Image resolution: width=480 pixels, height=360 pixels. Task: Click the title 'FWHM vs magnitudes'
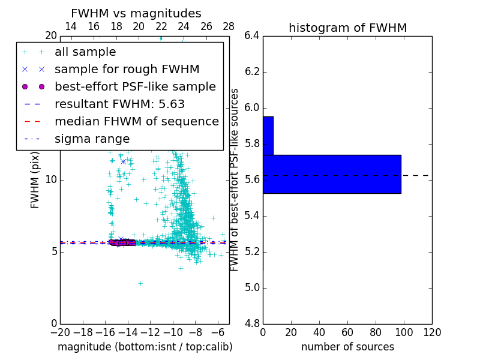[x=136, y=14]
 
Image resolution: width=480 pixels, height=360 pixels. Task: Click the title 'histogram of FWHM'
[x=347, y=28]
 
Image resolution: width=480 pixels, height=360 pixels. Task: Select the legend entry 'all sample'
[x=85, y=52]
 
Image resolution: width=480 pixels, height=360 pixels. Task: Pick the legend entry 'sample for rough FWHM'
[x=127, y=70]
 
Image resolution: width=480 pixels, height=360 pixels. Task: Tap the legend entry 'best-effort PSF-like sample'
[x=135, y=87]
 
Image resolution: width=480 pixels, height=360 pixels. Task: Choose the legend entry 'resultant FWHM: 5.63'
[x=119, y=104]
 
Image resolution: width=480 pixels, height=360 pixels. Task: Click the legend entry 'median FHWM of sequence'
[x=136, y=122]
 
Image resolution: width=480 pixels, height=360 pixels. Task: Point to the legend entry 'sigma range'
[x=92, y=139]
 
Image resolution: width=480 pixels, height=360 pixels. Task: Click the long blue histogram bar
[x=332, y=174]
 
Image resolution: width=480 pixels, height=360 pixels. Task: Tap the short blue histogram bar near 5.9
[x=268, y=136]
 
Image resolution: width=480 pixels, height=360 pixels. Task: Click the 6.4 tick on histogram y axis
[x=252, y=36]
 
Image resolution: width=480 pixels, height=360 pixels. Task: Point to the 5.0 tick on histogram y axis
[x=252, y=287]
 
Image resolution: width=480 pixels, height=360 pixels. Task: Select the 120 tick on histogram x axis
[x=432, y=332]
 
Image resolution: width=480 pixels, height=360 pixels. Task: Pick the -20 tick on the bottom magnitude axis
[x=60, y=332]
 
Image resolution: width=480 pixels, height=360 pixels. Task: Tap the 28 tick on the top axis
[x=229, y=26]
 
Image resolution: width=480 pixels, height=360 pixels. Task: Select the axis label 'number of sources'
[x=347, y=347]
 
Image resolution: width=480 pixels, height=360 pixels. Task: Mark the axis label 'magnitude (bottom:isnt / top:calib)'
[x=145, y=347]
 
